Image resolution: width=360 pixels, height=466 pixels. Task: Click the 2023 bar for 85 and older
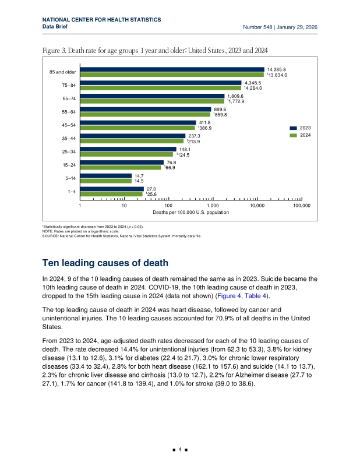(172, 69)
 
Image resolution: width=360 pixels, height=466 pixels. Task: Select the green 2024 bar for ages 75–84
(161, 88)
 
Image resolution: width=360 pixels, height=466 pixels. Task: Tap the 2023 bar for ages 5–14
(106, 176)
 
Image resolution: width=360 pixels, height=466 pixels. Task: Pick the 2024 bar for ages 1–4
(111, 194)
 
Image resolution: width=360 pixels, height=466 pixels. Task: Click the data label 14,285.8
(277, 69)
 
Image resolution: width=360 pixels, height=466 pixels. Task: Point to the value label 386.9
(205, 128)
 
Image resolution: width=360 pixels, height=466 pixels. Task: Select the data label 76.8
(171, 163)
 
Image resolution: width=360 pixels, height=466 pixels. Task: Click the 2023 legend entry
(300, 128)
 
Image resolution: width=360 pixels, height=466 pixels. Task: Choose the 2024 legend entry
(300, 135)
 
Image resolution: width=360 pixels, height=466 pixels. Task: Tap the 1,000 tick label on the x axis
(213, 206)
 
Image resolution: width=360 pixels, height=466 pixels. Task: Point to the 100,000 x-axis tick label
(302, 206)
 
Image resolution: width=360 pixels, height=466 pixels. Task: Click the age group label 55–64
(69, 112)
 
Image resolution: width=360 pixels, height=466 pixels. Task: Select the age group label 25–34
(69, 152)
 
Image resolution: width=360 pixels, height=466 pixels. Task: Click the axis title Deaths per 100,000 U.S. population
(191, 212)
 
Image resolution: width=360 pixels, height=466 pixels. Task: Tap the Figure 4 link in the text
(229, 296)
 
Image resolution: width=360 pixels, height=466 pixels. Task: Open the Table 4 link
(255, 296)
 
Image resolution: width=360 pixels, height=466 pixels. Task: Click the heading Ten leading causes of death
(105, 263)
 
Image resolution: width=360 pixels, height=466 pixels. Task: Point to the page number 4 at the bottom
(180, 449)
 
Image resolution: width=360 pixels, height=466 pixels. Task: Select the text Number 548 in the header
(257, 27)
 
